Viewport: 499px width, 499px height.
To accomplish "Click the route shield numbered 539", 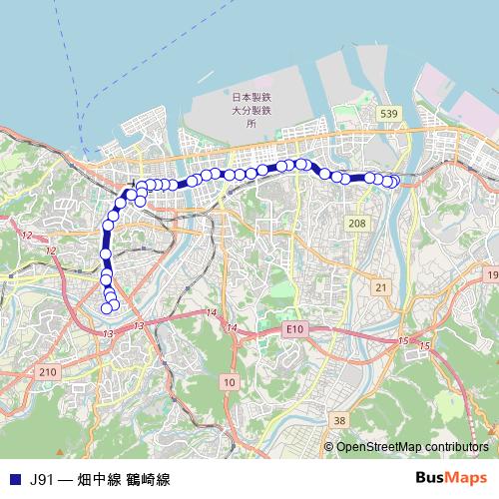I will [x=388, y=115].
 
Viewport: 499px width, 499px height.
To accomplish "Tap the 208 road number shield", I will [x=357, y=224].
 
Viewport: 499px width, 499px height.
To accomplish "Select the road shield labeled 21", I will [x=380, y=286].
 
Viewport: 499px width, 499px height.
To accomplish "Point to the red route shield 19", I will [x=491, y=273].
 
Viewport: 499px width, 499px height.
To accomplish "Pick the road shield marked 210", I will [x=47, y=371].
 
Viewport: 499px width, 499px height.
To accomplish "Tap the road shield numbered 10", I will [x=230, y=382].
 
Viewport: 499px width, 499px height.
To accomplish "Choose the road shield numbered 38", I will [x=340, y=420].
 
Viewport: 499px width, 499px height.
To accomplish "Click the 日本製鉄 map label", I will [x=251, y=98].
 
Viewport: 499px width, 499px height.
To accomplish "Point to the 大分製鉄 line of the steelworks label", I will [x=251, y=111].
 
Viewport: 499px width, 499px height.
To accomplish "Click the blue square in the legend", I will [x=13, y=479].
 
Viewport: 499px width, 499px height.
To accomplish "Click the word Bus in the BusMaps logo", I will [x=432, y=477].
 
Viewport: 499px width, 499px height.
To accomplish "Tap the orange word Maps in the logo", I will [x=469, y=477].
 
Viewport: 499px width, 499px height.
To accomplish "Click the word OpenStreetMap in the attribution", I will [x=376, y=446].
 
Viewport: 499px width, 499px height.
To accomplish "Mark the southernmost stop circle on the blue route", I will [x=107, y=307].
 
